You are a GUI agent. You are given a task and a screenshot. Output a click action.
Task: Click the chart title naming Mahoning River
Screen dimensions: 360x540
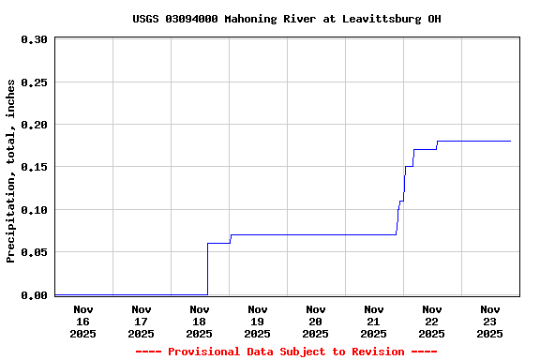286,19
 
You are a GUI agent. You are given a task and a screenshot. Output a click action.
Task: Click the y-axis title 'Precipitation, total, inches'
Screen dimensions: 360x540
11,171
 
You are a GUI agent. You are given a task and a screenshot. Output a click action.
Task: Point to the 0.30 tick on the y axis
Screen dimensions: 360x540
34,39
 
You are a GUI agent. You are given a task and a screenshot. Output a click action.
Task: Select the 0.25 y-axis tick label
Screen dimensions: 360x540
34,82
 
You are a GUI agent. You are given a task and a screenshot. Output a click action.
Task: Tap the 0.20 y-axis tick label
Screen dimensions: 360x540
34,125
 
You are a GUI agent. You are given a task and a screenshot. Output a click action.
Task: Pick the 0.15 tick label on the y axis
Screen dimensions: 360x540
34,167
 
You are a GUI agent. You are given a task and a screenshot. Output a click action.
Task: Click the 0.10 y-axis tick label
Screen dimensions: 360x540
34,210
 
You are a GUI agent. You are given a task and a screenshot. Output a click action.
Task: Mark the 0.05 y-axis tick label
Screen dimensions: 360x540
34,252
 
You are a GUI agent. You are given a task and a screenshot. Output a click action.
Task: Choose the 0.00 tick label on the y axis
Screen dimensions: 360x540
34,295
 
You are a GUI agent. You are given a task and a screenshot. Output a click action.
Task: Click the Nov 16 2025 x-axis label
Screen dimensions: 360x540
83,322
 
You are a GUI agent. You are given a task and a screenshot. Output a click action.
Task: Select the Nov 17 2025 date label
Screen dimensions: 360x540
142,322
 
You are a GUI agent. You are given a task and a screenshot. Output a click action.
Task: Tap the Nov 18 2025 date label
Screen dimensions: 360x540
200,322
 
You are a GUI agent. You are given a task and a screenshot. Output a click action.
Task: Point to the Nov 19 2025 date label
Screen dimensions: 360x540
258,322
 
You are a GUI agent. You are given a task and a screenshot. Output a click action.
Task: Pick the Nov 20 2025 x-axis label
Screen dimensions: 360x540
316,322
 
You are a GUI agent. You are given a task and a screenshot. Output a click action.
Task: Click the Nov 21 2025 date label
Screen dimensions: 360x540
374,322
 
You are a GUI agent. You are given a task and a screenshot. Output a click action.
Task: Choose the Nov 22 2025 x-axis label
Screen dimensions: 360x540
432,322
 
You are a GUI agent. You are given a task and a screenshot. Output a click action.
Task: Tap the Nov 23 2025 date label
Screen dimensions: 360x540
490,322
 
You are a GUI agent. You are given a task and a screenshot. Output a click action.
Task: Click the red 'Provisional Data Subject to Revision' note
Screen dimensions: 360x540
286,352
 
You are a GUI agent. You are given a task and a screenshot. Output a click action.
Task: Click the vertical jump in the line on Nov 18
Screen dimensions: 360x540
207,269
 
